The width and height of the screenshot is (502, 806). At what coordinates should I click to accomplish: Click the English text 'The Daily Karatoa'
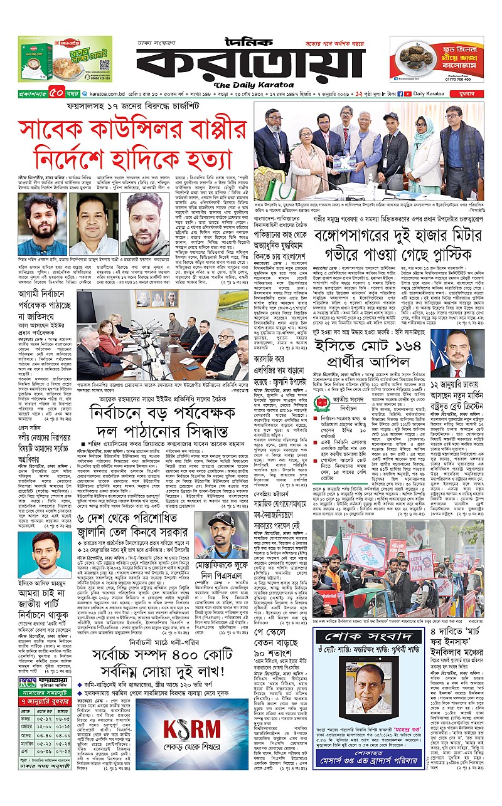tap(250, 85)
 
